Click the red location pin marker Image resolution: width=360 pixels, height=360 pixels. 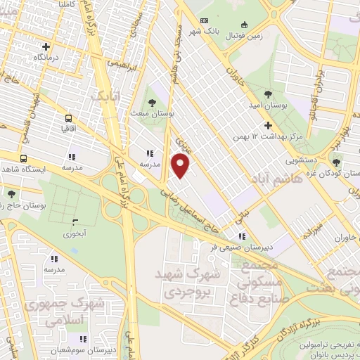tap(181, 166)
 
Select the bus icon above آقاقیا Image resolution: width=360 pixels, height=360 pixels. tap(69, 118)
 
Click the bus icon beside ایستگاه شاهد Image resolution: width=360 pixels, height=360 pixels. tap(24, 158)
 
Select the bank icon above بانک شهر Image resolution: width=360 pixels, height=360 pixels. tap(205, 20)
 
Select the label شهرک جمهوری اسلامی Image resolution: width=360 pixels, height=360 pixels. tap(63, 311)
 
